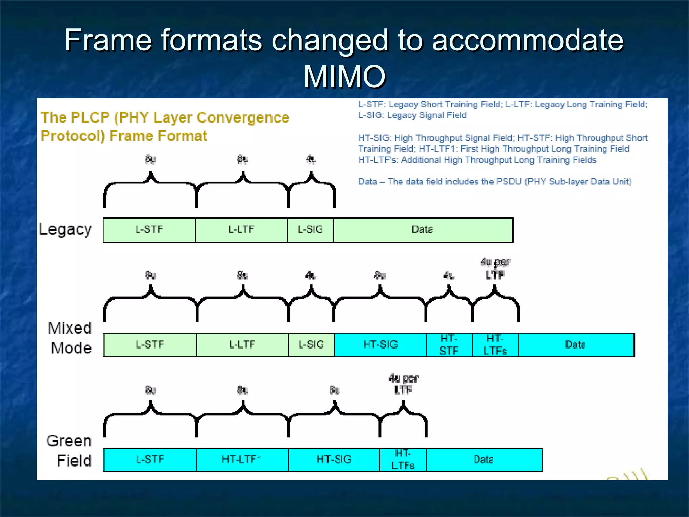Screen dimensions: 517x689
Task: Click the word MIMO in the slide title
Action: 344,77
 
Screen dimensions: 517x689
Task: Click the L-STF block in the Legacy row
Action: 149,230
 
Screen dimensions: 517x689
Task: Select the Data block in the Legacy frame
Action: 423,230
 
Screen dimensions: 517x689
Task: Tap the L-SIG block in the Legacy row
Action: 310,230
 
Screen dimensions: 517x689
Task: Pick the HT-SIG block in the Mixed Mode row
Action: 380,345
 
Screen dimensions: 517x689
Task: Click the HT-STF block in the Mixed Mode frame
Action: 449,345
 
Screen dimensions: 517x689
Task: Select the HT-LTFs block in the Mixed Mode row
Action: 495,345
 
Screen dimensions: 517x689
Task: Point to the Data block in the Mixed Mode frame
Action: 576,345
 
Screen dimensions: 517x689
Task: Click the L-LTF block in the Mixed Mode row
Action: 242,345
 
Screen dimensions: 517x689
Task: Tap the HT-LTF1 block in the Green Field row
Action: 242,460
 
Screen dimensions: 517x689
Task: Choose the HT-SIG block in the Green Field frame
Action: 334,460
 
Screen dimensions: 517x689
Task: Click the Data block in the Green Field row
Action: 484,460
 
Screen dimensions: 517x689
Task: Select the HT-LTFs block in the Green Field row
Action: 403,460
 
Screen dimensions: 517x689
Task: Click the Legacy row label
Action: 66,230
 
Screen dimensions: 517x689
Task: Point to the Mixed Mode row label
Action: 70,338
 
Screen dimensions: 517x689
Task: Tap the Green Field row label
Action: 69,451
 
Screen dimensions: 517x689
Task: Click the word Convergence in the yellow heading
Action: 243,118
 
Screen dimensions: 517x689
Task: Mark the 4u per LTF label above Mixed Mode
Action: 495,268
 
